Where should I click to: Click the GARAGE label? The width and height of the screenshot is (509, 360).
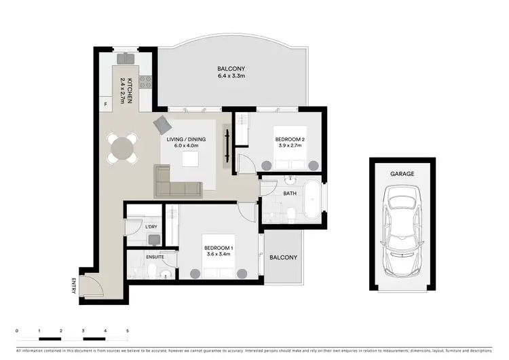click(x=402, y=174)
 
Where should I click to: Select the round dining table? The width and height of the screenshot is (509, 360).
click(x=123, y=148)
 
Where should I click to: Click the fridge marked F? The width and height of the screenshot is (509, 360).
click(x=106, y=104)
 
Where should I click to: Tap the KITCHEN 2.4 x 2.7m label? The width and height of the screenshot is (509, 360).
click(x=126, y=94)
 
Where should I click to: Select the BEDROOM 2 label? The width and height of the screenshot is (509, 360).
click(x=289, y=142)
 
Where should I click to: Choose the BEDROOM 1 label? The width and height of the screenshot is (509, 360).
click(x=219, y=252)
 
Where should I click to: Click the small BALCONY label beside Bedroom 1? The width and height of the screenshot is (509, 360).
click(x=284, y=257)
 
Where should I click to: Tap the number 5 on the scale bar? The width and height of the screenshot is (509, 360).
click(x=127, y=330)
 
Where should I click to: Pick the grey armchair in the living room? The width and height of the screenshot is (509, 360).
click(x=164, y=125)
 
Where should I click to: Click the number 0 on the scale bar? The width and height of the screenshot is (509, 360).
click(x=16, y=330)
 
